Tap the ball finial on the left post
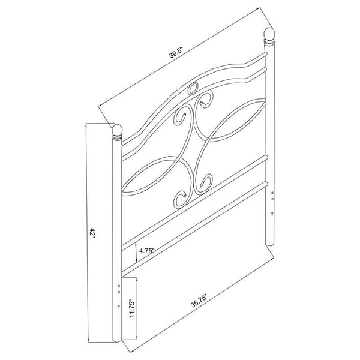117,130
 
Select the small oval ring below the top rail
192,89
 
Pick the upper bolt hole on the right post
273,194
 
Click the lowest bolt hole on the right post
273,211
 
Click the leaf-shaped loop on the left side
154,175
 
